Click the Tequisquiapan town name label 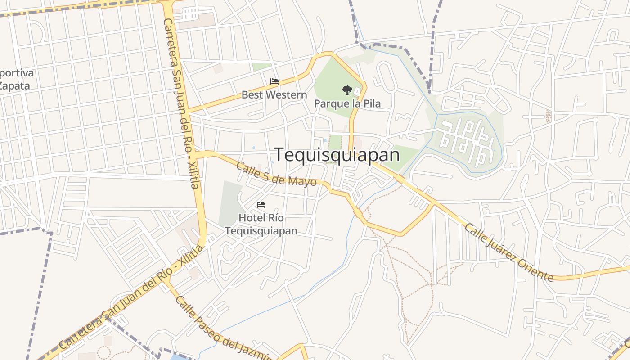[x=337, y=155]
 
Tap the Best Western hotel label [x=274, y=95]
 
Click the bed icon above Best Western [x=274, y=81]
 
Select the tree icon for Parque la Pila [x=346, y=90]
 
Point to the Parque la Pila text [x=347, y=103]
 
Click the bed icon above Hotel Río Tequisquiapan [x=261, y=205]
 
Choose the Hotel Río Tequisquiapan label [x=261, y=224]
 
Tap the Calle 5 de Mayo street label [x=276, y=174]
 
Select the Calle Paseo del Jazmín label [x=223, y=328]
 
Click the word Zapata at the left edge [x=14, y=85]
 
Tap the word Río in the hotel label [x=275, y=218]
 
